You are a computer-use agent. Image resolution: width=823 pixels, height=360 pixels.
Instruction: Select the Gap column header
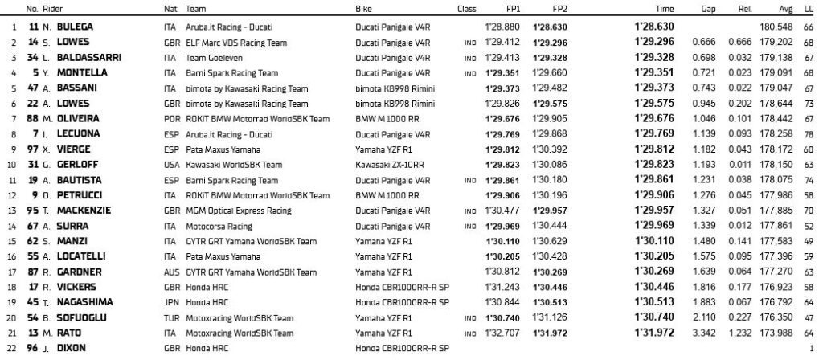[x=709, y=10]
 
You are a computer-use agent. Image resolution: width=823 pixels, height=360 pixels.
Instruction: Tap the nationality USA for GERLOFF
[x=170, y=164]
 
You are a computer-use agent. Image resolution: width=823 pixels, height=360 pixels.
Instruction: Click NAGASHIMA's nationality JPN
[x=170, y=301]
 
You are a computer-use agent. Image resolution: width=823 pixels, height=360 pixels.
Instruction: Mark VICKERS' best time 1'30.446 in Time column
[x=654, y=286]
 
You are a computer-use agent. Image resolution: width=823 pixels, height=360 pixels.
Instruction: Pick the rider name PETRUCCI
[x=76, y=194]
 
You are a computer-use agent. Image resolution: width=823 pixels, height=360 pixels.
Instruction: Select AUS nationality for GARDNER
[x=170, y=271]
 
